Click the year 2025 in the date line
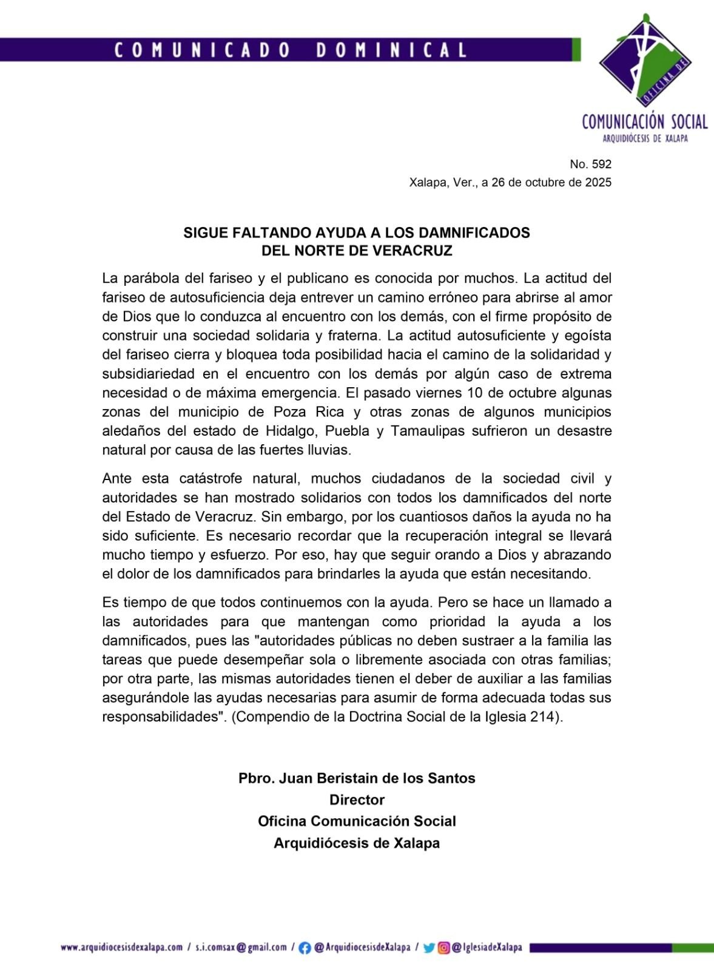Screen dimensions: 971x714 point(598,182)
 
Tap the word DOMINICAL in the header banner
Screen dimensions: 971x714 point(392,50)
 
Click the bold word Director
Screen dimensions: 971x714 point(357,799)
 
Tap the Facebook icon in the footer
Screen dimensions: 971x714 point(305,948)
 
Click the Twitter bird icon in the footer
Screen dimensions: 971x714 point(429,948)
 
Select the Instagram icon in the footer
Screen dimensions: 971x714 point(444,948)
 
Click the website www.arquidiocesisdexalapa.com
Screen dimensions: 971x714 point(121,947)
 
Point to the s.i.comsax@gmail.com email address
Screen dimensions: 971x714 point(241,947)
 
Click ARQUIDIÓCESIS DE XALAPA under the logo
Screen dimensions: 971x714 point(645,138)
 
